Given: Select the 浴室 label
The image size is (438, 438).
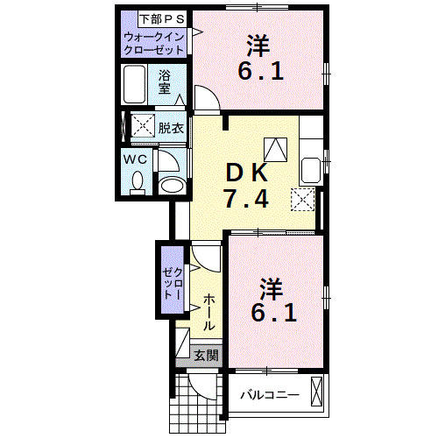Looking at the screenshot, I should point(165,82).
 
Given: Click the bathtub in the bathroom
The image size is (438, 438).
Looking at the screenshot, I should point(137,86).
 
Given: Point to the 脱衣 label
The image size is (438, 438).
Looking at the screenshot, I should point(171,128).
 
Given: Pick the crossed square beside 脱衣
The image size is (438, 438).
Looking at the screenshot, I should point(142,126).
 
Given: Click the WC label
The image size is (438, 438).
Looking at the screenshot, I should point(135,159).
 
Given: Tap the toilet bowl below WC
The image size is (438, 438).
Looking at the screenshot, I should point(137,183).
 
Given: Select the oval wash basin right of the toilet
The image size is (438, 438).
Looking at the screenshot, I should point(173,185).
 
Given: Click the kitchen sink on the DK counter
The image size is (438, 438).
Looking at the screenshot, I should point(310,168).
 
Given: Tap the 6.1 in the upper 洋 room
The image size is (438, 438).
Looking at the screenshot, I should point(259,71).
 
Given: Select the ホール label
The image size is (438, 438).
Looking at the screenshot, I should point(210,312).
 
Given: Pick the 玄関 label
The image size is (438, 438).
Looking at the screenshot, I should point(207,355).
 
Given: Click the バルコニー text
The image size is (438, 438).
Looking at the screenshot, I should point(269,394).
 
